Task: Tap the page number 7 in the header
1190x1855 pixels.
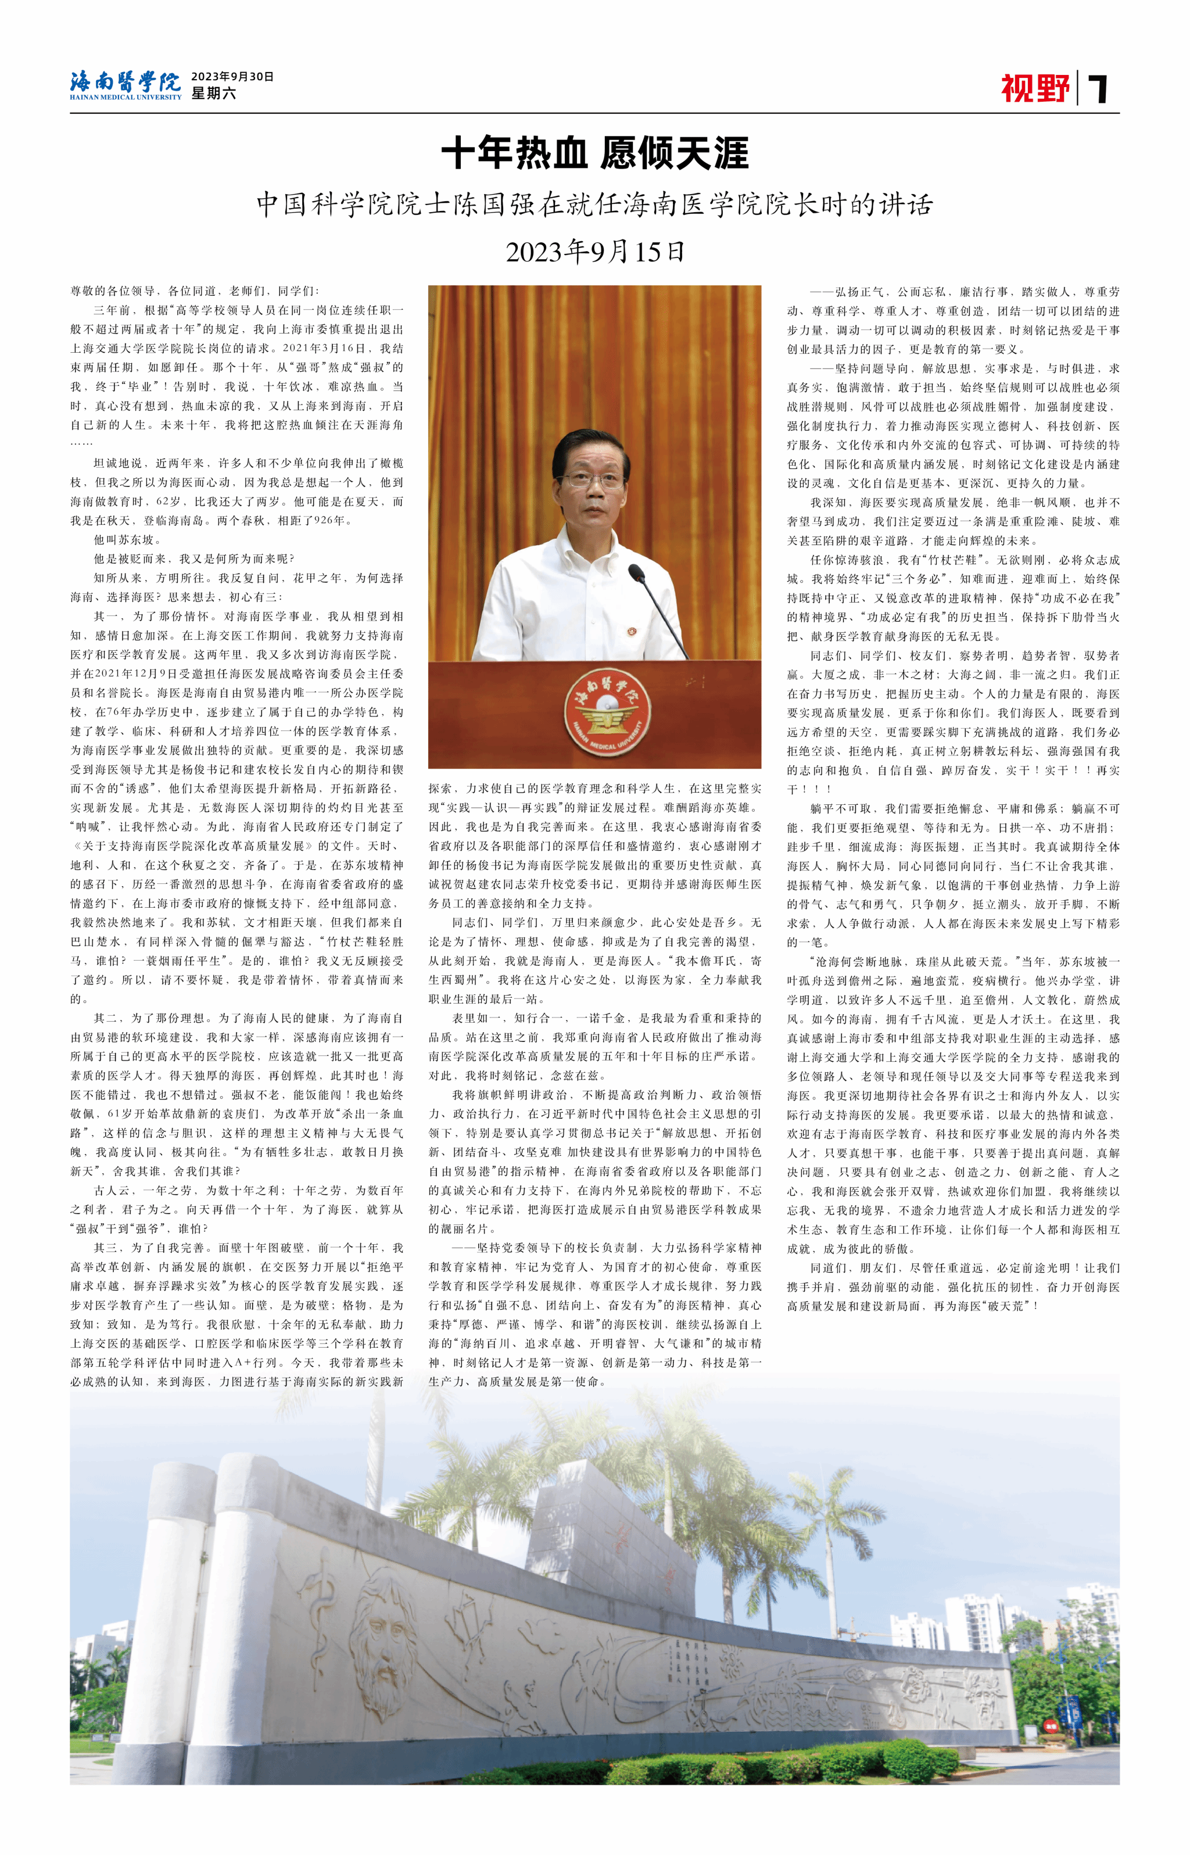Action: coord(1098,89)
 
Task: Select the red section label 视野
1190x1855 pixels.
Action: coord(1035,88)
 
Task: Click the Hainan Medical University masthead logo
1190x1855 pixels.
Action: coord(125,85)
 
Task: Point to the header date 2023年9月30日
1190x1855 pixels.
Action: coord(232,77)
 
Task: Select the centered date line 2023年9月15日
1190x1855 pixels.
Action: coord(594,252)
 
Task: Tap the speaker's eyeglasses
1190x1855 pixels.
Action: coord(593,480)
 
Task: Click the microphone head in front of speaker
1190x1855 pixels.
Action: coord(636,572)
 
